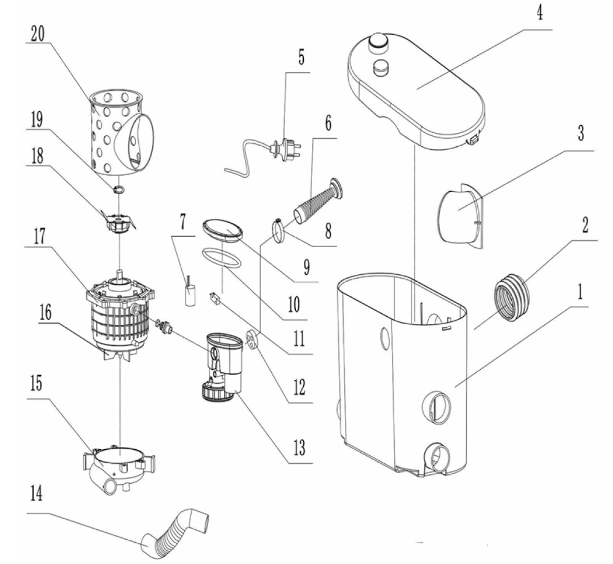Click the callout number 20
coord(38,34)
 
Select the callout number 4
coord(540,13)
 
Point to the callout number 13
coord(299,447)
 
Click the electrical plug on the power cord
coord(286,149)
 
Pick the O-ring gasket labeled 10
coord(221,258)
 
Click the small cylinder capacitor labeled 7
coord(190,295)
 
